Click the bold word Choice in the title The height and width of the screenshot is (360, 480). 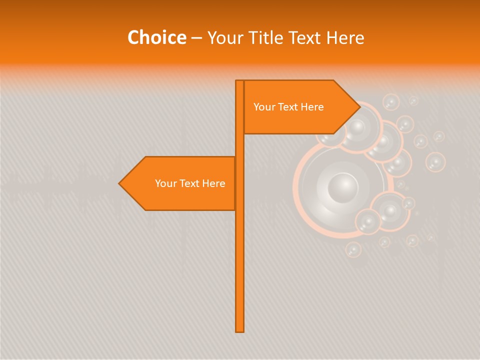click(156, 38)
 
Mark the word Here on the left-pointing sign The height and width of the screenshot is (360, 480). click(213, 183)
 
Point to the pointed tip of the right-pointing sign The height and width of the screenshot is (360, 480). click(358, 107)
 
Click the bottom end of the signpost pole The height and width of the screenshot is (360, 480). click(240, 330)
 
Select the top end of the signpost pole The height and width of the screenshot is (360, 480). click(240, 82)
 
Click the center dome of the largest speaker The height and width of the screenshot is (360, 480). click(343, 188)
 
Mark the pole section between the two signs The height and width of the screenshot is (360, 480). click(240, 145)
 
